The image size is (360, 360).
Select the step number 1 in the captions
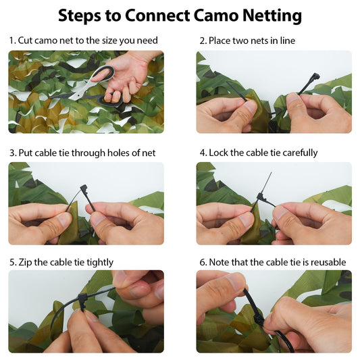pos(11,41)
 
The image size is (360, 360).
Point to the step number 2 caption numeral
pos(202,41)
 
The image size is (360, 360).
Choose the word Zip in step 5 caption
pos(26,262)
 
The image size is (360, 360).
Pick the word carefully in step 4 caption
pos(297,153)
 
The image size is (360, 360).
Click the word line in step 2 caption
pos(286,41)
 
